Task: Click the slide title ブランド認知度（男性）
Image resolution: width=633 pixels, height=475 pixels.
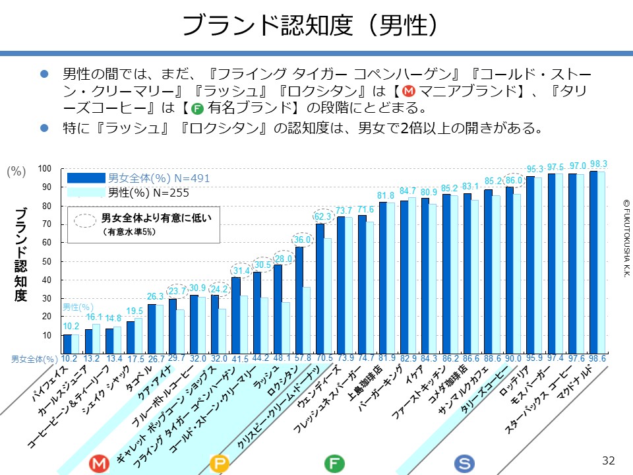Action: [x=310, y=26]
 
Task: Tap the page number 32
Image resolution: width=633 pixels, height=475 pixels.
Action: [x=608, y=459]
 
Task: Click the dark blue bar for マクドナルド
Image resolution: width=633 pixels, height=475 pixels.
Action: [x=593, y=262]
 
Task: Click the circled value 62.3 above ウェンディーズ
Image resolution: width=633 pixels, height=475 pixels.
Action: [x=322, y=216]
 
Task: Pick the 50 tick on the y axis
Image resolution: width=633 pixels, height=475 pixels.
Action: [x=47, y=262]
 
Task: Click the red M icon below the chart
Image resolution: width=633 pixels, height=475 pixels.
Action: [x=100, y=464]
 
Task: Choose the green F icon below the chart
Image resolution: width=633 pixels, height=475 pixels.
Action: [x=335, y=464]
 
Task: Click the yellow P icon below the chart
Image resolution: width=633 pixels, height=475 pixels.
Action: [x=218, y=464]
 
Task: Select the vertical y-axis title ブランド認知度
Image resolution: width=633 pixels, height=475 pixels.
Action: [x=21, y=254]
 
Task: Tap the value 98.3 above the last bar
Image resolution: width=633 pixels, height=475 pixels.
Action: [x=599, y=164]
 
